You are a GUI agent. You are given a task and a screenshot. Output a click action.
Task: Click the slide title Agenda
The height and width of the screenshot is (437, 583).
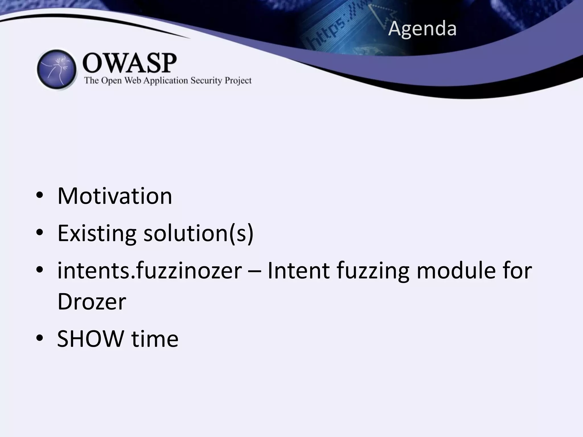422,29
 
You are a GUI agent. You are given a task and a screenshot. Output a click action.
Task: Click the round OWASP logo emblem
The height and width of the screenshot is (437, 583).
57,69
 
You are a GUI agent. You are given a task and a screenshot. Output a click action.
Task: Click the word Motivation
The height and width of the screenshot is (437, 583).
115,196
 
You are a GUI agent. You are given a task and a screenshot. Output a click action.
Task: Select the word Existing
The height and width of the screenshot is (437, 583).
97,233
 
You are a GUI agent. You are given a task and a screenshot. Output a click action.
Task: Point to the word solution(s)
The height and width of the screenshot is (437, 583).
198,233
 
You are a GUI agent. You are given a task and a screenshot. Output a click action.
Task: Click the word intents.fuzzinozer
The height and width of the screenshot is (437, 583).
149,271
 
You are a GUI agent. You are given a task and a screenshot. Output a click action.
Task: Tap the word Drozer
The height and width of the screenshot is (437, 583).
92,302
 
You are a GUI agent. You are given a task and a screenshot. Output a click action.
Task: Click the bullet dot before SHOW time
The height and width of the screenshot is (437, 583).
40,338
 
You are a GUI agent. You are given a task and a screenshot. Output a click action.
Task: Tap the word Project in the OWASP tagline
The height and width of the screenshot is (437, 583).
238,81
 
